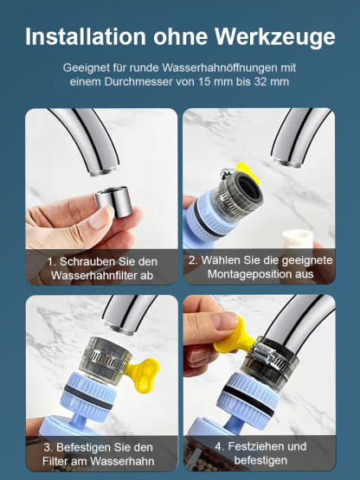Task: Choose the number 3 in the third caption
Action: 48,447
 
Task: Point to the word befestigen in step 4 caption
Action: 260,462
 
